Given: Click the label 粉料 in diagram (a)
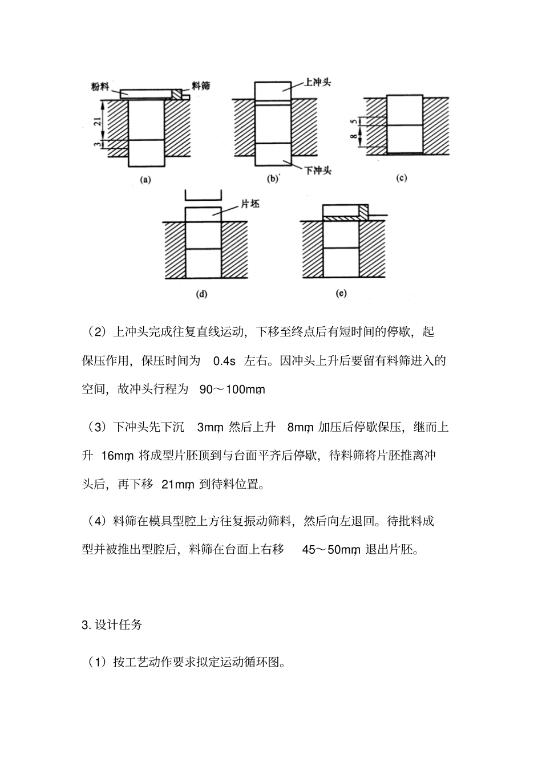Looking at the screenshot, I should click(100, 86).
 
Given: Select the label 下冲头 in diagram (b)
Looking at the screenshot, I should click(318, 170).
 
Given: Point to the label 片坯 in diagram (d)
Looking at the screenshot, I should click(250, 204).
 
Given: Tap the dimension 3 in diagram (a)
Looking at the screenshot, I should click(98, 145).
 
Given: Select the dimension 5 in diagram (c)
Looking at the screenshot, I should click(354, 121).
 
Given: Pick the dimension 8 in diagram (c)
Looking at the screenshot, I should click(354, 136).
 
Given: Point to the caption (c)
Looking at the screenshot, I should click(401, 178).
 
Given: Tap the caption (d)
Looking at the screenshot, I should click(201, 294).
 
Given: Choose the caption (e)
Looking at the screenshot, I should click(341, 294).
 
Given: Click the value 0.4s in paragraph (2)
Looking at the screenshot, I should click(224, 361).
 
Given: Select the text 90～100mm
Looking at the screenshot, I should click(232, 390).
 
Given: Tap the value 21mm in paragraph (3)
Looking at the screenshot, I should click(178, 485).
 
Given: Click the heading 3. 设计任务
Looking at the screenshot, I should click(112, 624).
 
